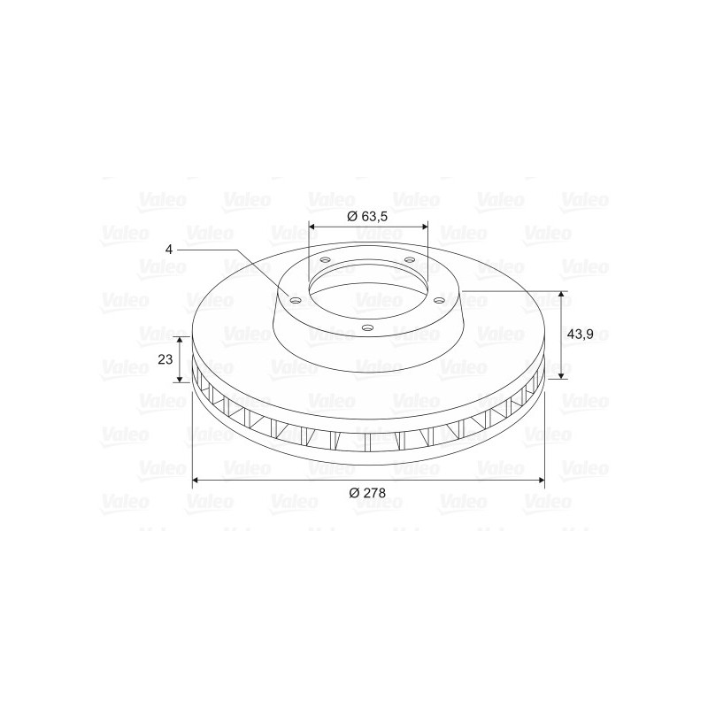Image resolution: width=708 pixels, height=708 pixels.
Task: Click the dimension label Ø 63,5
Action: [367, 216]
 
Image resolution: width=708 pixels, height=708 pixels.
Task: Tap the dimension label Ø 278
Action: [367, 493]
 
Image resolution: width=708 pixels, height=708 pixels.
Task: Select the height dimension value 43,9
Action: [580, 335]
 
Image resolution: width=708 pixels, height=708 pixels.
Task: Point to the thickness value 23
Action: [165, 359]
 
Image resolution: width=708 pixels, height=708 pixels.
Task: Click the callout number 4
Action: [169, 250]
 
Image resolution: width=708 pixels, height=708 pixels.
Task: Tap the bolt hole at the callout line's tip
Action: [296, 301]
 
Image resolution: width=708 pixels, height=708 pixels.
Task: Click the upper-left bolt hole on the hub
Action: [325, 260]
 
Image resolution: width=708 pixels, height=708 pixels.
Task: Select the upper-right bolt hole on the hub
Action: [410, 259]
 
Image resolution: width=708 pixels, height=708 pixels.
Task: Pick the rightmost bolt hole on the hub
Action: [438, 300]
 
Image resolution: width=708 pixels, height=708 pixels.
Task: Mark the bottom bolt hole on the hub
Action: [368, 327]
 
